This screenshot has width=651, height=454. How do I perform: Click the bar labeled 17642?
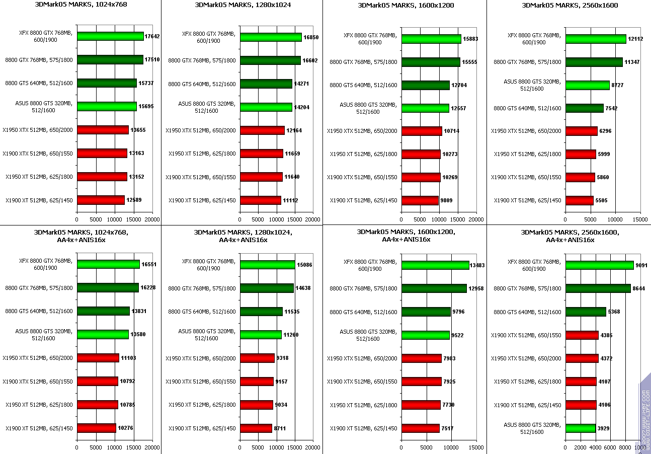110,36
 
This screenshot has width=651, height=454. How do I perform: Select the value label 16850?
310,37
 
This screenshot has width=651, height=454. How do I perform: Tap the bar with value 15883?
431,39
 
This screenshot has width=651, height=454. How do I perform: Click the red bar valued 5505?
579,200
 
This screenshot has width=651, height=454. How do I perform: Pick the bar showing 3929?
580,428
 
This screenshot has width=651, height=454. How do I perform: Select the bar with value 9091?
599,265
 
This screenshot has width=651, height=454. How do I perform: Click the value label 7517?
447,429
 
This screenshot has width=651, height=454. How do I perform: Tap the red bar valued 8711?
256,428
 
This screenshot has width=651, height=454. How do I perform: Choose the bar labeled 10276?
96,428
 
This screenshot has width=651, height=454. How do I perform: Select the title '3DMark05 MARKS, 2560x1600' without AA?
570,6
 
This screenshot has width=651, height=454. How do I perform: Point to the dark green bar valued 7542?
584,108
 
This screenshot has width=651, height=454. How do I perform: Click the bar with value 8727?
587,86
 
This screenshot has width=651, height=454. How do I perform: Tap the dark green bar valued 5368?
586,312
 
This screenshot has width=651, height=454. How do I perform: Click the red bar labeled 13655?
103,130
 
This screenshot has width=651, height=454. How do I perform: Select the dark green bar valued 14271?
266,84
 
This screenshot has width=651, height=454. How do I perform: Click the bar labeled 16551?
108,264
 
